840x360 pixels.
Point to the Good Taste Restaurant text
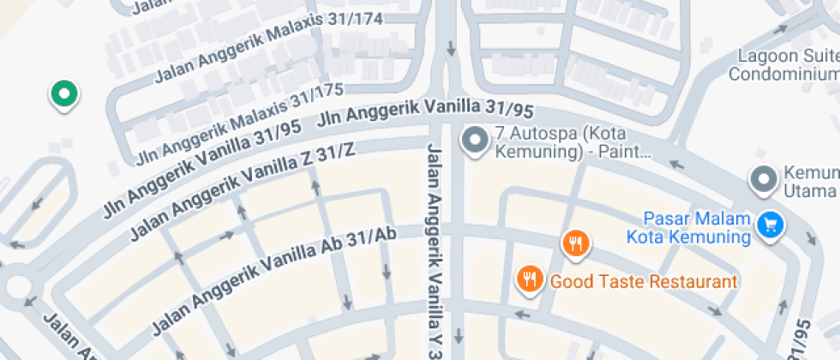tap(643, 281)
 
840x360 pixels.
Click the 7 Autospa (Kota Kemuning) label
tap(570, 144)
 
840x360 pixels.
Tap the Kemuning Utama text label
tap(810, 181)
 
